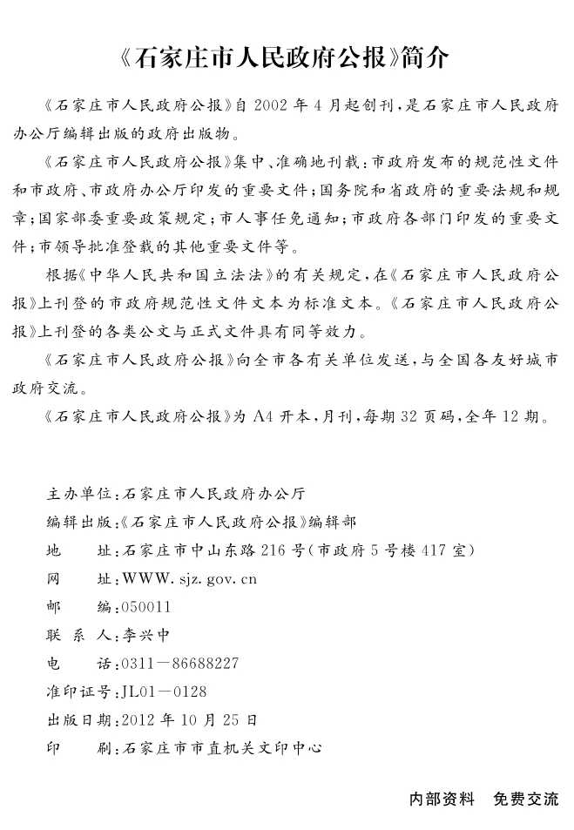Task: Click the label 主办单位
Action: (x=79, y=494)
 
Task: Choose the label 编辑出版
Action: (x=79, y=522)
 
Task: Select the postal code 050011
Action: (x=147, y=607)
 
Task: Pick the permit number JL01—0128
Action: (x=165, y=692)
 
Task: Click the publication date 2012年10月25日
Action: (x=190, y=720)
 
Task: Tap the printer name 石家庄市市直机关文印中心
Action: (x=223, y=748)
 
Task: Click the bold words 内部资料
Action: (x=442, y=799)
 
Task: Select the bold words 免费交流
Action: (x=526, y=799)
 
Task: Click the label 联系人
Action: (x=79, y=635)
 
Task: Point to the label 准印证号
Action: (x=79, y=692)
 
